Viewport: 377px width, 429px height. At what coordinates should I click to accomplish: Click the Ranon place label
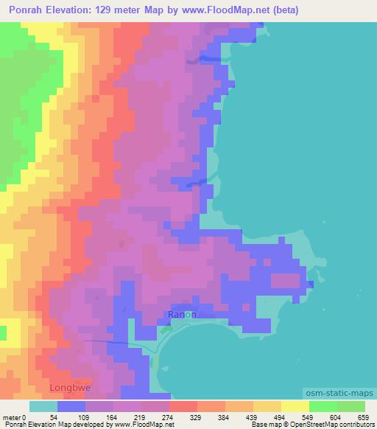point(182,314)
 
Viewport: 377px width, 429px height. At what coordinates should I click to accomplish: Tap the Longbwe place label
point(68,386)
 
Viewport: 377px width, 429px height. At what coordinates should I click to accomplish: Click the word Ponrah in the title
point(24,10)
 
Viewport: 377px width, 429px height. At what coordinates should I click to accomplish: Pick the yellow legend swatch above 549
point(295,406)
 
